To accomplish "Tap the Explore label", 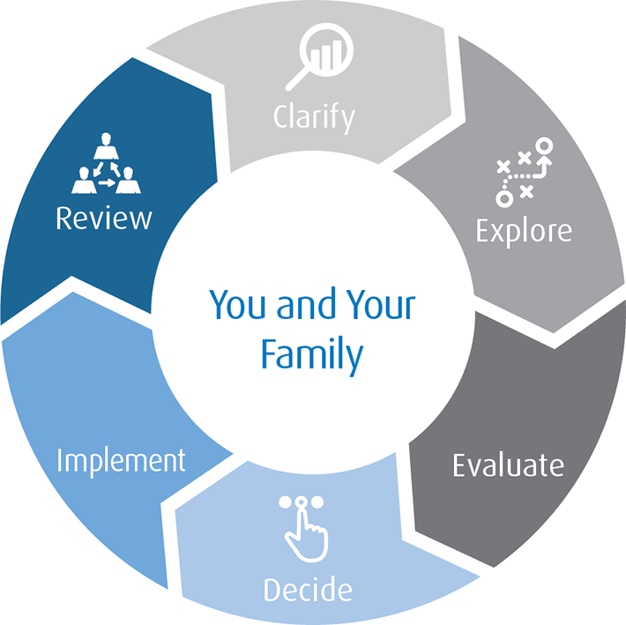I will [x=524, y=231].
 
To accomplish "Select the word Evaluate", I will [x=508, y=465].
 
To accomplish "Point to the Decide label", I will [x=308, y=589].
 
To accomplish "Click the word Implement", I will [x=122, y=459].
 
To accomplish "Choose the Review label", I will [x=103, y=217].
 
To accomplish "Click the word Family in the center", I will [x=312, y=353].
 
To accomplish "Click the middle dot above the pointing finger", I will [x=302, y=502].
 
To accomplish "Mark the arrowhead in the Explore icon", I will [x=545, y=160].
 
